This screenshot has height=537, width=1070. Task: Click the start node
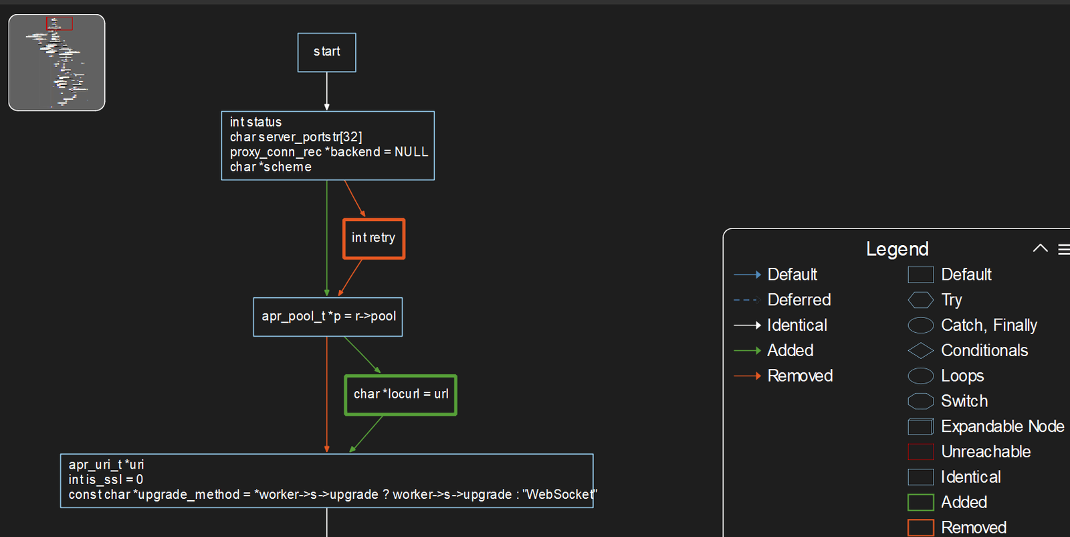click(x=326, y=52)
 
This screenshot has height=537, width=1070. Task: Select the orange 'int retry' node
click(x=374, y=238)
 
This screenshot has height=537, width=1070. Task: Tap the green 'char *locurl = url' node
click(x=401, y=394)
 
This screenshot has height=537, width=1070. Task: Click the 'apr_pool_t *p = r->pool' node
click(x=328, y=317)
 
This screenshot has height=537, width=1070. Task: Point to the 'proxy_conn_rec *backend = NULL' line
click(x=328, y=152)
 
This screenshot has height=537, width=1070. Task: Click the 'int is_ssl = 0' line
click(x=106, y=479)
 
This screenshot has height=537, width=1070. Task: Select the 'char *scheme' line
click(x=270, y=167)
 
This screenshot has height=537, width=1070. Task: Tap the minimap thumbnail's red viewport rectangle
click(x=60, y=24)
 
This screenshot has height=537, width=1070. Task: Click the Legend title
click(x=897, y=249)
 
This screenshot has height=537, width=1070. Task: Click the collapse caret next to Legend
click(x=1040, y=248)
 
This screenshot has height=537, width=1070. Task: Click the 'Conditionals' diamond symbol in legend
click(x=920, y=350)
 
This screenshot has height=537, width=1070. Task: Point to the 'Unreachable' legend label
click(x=986, y=452)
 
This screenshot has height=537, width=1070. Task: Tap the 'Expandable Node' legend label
click(x=1002, y=427)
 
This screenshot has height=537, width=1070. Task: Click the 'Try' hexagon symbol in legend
click(x=920, y=300)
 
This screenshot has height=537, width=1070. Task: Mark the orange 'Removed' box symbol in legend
click(x=920, y=528)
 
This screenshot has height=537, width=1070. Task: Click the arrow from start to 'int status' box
click(x=326, y=90)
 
